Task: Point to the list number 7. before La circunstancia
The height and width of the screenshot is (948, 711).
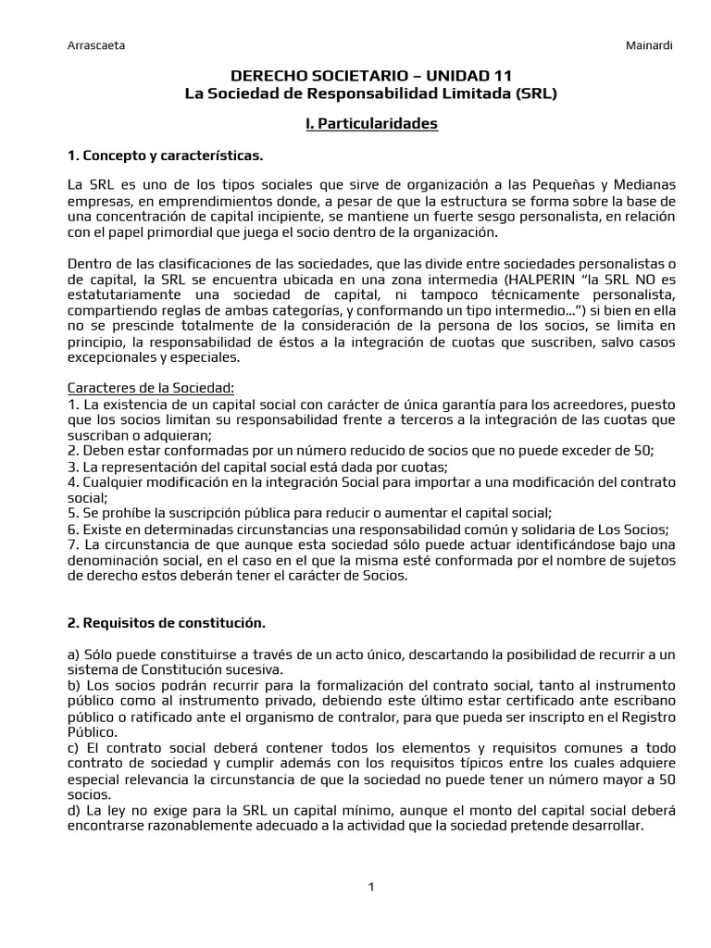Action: tap(73, 544)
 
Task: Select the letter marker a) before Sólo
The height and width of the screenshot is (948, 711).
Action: tap(74, 655)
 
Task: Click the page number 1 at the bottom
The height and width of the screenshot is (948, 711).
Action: tap(370, 887)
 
